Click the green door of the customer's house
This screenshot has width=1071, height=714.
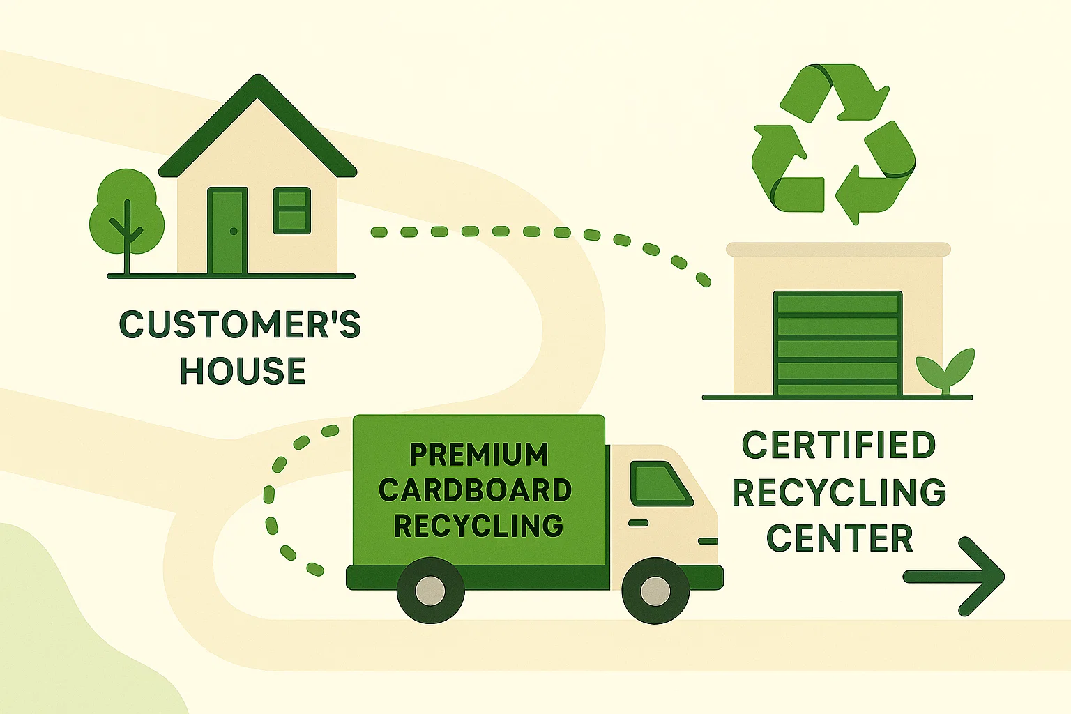click(227, 231)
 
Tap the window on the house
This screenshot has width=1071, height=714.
click(291, 210)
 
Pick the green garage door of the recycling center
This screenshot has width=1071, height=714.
click(837, 344)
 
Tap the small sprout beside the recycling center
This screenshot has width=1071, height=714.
click(945, 369)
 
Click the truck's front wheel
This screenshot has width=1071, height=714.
click(655, 591)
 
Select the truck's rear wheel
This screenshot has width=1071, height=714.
click(430, 591)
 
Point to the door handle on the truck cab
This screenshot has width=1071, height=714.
click(638, 523)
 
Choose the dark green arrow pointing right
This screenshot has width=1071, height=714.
click(955, 576)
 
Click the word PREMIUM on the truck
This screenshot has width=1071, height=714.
click(478, 455)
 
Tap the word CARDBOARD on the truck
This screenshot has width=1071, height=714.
click(476, 490)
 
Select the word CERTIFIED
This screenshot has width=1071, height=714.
click(838, 445)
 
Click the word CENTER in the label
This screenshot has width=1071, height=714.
click(840, 538)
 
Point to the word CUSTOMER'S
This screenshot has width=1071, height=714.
click(240, 325)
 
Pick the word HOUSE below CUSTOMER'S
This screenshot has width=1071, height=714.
click(243, 371)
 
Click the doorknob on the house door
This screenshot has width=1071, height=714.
click(234, 231)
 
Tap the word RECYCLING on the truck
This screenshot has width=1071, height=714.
click(478, 526)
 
